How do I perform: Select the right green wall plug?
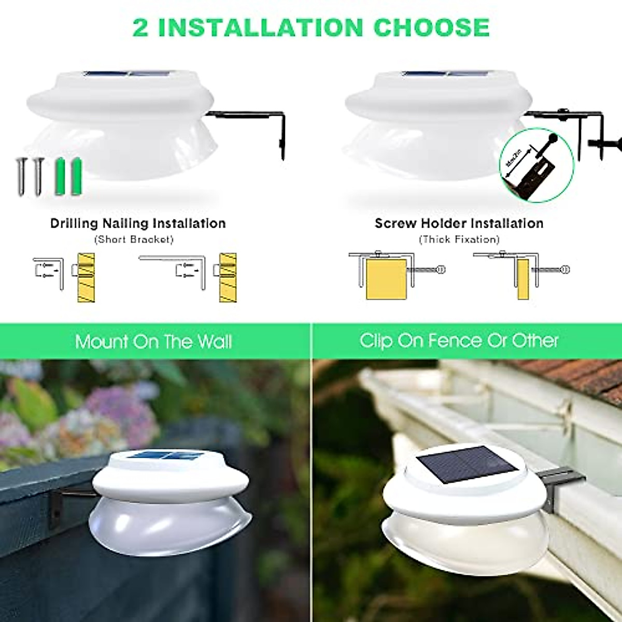77,175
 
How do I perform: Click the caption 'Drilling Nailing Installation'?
138,223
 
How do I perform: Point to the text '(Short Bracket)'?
134,239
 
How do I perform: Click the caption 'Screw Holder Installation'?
459,223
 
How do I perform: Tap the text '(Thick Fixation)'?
459,239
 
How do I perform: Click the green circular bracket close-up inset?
536,165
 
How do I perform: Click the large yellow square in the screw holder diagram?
386,279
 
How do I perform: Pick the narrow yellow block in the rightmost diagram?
522,279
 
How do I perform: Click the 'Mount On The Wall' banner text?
153,342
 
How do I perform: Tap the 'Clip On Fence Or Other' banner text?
459,341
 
